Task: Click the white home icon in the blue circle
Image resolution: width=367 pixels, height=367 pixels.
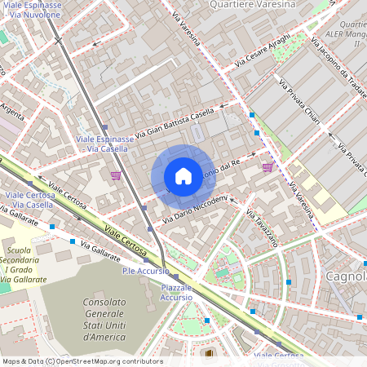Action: [183, 176]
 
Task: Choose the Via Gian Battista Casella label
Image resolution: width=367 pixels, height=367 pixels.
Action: [174, 122]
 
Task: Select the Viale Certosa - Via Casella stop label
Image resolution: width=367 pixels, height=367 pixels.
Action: [29, 200]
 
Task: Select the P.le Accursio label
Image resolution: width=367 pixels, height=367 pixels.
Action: [144, 270]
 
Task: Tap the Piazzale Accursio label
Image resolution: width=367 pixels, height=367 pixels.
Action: [176, 292]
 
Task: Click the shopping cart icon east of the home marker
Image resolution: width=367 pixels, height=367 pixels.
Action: [268, 167]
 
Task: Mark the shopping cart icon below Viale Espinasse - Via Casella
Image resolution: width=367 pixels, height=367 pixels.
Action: [116, 175]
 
